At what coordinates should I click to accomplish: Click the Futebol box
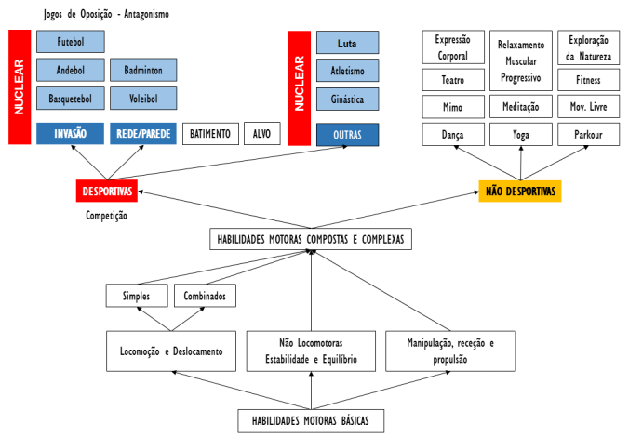(71, 42)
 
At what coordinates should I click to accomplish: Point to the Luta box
(347, 43)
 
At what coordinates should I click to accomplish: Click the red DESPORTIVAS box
(107, 192)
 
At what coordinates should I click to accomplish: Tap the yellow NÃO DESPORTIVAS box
(520, 192)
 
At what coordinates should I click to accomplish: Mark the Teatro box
(452, 79)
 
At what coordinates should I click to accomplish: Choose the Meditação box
(520, 107)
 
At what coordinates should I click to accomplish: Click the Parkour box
(588, 135)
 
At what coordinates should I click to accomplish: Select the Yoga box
(520, 135)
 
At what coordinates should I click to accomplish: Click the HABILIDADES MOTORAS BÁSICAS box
(310, 421)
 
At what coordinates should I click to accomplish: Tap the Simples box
(137, 296)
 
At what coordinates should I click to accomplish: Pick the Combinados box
(205, 296)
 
